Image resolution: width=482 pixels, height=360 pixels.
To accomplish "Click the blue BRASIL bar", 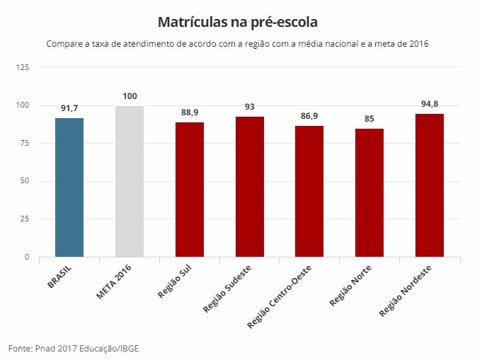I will (69, 187).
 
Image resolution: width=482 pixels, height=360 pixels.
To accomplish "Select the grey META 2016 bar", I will (130, 182).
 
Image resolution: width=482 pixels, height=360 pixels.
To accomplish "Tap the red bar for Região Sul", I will (190, 190).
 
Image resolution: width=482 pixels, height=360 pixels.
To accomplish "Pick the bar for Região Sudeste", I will (249, 187).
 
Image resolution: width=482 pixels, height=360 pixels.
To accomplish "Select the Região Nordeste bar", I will (430, 185).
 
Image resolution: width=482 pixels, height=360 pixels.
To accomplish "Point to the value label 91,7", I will (69, 108).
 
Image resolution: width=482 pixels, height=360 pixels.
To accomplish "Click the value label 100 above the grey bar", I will (130, 96).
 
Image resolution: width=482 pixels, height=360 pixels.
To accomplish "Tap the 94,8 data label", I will (430, 104).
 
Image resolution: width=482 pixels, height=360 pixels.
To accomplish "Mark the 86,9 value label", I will (309, 116).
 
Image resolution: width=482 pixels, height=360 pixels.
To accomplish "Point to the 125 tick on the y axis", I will (23, 67).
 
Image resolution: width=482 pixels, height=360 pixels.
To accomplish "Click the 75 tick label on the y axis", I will (25, 143).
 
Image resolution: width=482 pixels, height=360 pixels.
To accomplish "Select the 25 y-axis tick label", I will (25, 219).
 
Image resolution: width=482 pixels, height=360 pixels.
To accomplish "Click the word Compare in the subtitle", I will (64, 44).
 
